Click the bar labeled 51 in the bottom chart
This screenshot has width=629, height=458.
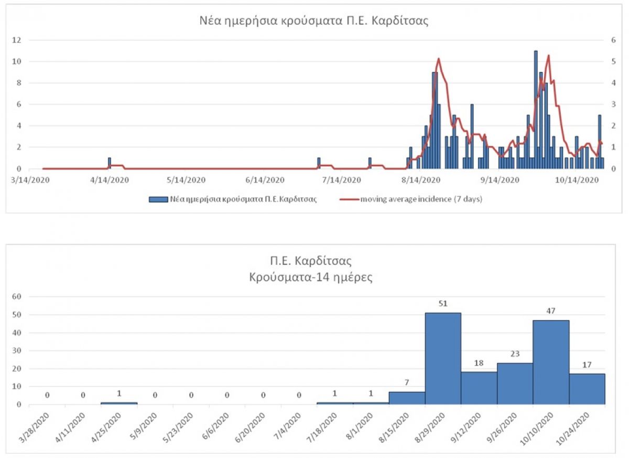tap(443, 358)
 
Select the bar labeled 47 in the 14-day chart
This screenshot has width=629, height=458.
tap(551, 362)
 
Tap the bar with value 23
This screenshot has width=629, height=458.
tap(515, 384)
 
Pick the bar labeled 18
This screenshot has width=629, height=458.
tap(479, 388)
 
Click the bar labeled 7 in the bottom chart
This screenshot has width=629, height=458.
tap(407, 398)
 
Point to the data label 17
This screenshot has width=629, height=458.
tap(587, 365)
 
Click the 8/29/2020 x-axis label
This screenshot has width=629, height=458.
tap(430, 428)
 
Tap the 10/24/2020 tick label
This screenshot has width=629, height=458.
tap(572, 429)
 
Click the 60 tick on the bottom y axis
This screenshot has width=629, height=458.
tap(17, 297)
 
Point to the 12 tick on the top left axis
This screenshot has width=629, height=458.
tap(17, 40)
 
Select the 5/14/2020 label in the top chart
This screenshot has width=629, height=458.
tap(186, 180)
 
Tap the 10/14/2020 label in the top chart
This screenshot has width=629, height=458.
tap(577, 180)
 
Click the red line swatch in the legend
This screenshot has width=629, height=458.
tap(349, 199)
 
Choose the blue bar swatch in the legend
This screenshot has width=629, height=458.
tap(158, 199)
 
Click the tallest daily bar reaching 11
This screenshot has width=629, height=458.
tap(536, 110)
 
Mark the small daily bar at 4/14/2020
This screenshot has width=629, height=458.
tap(110, 163)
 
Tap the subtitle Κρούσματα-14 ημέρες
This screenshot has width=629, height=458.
tap(311, 278)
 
